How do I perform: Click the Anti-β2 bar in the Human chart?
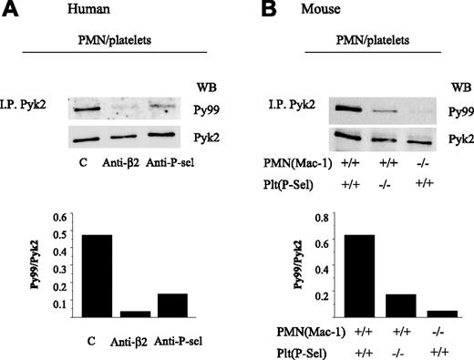pyautogui.click(x=135, y=313)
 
